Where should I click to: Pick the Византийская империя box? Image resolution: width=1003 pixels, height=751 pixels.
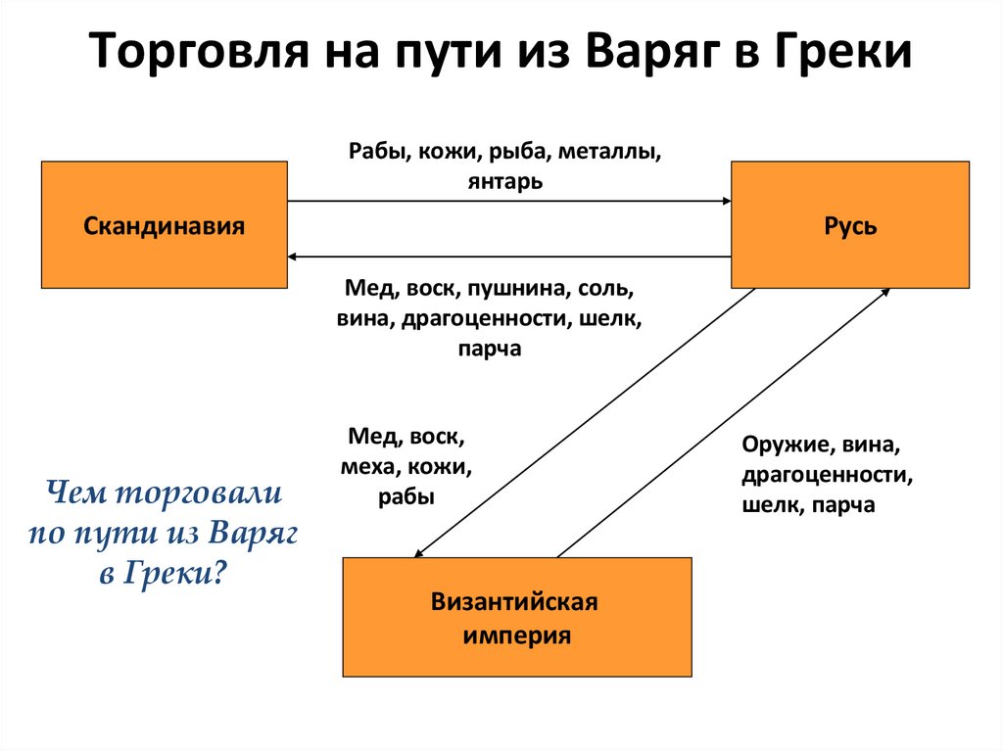pyautogui.click(x=516, y=617)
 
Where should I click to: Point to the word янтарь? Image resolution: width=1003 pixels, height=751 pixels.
pyautogui.click(x=505, y=181)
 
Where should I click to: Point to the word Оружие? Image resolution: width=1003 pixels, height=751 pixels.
pyautogui.click(x=781, y=446)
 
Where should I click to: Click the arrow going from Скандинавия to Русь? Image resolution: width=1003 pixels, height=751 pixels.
pyautogui.click(x=509, y=201)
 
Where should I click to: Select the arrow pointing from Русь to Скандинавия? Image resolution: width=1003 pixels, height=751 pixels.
pyautogui.click(x=509, y=257)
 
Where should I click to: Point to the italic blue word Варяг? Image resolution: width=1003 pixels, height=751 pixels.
pyautogui.click(x=252, y=533)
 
